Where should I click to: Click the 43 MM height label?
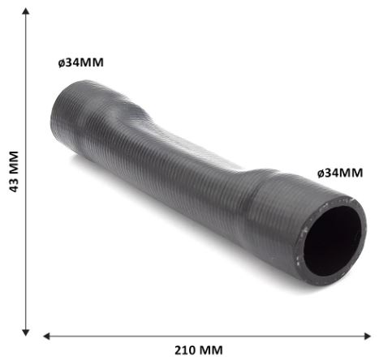(14, 172)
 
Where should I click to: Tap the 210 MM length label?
(199, 350)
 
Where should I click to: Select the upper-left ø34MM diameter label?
(81, 62)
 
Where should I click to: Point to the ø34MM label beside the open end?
(340, 173)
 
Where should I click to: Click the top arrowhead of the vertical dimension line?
(26, 11)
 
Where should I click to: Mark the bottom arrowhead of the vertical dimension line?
(26, 332)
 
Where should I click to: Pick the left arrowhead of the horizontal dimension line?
(47, 336)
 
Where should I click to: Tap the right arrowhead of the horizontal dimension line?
(368, 336)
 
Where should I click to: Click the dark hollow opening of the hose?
(332, 241)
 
